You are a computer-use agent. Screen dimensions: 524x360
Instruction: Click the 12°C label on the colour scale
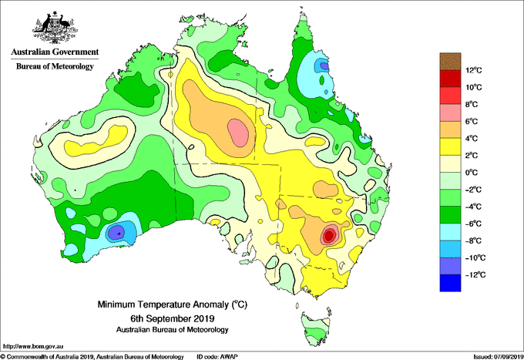pyautogui.click(x=474, y=70)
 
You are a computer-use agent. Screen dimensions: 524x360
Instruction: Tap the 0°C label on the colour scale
pyautogui.click(x=472, y=173)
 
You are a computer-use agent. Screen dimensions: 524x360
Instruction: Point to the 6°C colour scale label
pyautogui.click(x=472, y=121)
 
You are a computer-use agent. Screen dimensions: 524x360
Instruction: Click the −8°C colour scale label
pyautogui.click(x=474, y=241)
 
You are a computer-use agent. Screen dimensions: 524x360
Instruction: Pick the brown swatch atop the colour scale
pyautogui.click(x=450, y=62)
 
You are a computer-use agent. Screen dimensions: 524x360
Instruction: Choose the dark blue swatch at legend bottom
pyautogui.click(x=450, y=283)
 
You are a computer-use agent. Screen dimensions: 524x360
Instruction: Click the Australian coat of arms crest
pyautogui.click(x=55, y=28)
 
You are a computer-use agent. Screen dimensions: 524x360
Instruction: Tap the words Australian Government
pyautogui.click(x=55, y=52)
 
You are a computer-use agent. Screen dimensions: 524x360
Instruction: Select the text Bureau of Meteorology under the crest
pyautogui.click(x=55, y=66)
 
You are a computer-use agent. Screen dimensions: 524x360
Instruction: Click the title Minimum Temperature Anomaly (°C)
pyautogui.click(x=172, y=304)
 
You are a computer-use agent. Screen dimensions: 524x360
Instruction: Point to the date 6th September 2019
pyautogui.click(x=172, y=318)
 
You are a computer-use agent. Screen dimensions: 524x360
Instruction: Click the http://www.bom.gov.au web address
pyautogui.click(x=33, y=346)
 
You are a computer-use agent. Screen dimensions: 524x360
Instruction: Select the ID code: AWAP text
pyautogui.click(x=217, y=357)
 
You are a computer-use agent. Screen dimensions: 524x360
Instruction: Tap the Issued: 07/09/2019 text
pyautogui.click(x=499, y=357)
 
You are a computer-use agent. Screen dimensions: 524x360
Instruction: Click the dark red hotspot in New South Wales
pyautogui.click(x=329, y=236)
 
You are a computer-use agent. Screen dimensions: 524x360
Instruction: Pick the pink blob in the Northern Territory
pyautogui.click(x=238, y=133)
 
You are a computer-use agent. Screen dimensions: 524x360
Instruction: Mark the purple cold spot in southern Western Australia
pyautogui.click(x=116, y=231)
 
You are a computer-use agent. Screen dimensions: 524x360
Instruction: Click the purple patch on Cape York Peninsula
pyautogui.click(x=324, y=66)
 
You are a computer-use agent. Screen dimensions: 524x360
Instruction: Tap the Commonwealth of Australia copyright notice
pyautogui.click(x=92, y=357)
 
